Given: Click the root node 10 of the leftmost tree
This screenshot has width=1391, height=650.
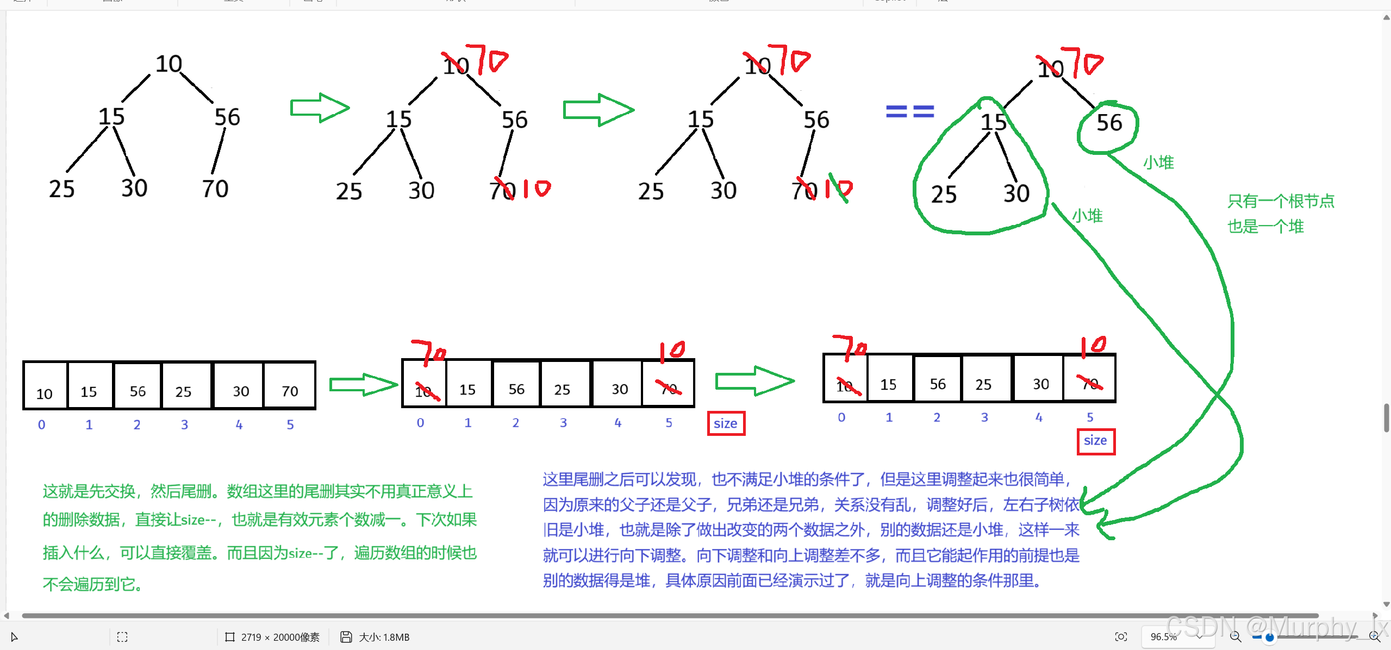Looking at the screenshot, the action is pyautogui.click(x=169, y=64).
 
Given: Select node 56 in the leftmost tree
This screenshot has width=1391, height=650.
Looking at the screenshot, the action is pyautogui.click(x=227, y=117).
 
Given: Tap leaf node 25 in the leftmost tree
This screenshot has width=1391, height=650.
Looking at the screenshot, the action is pyautogui.click(x=61, y=189).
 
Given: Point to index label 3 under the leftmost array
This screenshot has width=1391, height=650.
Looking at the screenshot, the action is pyautogui.click(x=184, y=424).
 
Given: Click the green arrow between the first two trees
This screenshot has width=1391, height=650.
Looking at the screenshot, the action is pyautogui.click(x=320, y=108).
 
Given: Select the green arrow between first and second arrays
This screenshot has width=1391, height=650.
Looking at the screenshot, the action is pyautogui.click(x=363, y=385).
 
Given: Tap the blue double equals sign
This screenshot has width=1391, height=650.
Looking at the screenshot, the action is pyautogui.click(x=910, y=111).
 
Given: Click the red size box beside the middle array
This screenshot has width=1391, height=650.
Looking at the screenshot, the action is pyautogui.click(x=726, y=423).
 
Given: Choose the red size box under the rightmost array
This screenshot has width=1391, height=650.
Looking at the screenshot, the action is pyautogui.click(x=1095, y=441).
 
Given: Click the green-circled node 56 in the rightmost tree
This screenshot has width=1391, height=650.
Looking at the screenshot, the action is pyautogui.click(x=1109, y=123).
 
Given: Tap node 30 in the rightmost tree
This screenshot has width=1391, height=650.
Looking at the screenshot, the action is pyautogui.click(x=1016, y=193).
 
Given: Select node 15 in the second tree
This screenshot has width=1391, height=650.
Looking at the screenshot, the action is pyautogui.click(x=398, y=120).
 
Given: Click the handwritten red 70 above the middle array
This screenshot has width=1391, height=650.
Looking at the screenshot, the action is pyautogui.click(x=429, y=353).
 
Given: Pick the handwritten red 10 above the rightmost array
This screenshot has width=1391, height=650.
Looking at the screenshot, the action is pyautogui.click(x=1094, y=346).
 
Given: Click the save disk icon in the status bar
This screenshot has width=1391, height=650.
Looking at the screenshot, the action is pyautogui.click(x=346, y=636).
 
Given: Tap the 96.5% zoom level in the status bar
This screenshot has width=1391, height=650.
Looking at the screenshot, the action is pyautogui.click(x=1164, y=636).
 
